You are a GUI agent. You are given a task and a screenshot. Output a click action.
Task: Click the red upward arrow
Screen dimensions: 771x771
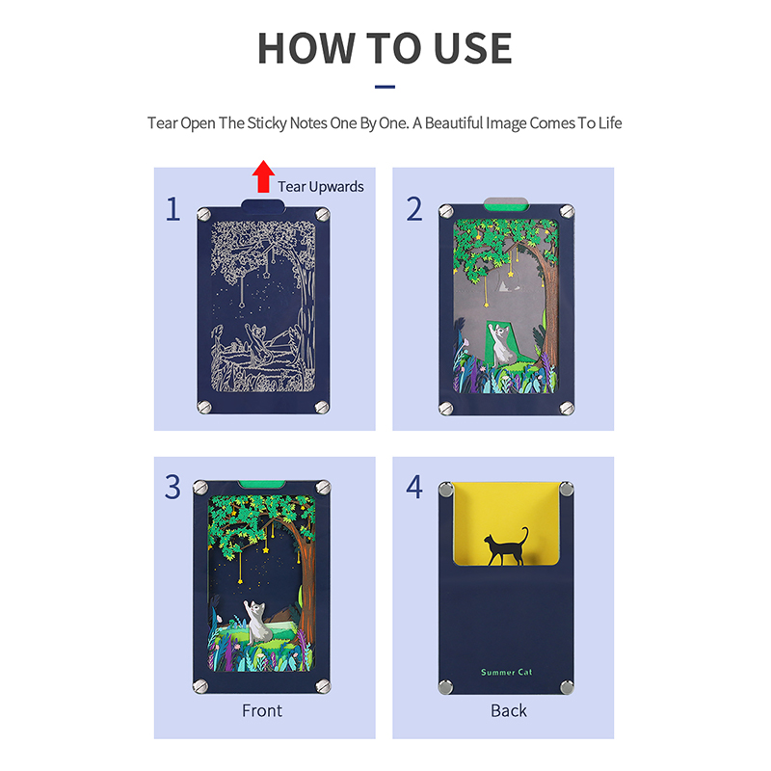(x=263, y=176)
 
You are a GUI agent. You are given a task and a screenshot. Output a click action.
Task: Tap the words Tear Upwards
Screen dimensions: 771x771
(x=321, y=187)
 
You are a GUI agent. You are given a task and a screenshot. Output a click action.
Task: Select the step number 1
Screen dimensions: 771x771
(x=173, y=209)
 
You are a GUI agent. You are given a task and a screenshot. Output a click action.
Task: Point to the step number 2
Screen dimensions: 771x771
(x=414, y=209)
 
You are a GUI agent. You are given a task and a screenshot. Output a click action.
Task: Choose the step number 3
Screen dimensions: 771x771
(x=173, y=488)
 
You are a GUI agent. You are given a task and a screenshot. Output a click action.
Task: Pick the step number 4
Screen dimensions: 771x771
(x=414, y=488)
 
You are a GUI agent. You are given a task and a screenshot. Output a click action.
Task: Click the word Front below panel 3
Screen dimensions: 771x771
(x=262, y=710)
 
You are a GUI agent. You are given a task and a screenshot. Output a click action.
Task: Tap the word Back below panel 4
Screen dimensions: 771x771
(x=509, y=710)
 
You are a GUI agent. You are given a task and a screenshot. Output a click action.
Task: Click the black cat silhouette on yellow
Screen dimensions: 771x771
(x=506, y=546)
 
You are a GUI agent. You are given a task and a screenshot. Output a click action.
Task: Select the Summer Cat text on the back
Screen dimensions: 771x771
(x=507, y=672)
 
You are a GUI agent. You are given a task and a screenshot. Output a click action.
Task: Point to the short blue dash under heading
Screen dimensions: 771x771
(x=385, y=87)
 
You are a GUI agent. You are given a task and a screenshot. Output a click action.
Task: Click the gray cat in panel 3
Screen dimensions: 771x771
(x=255, y=622)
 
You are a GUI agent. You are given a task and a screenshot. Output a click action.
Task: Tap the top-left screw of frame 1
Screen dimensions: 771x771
(x=203, y=214)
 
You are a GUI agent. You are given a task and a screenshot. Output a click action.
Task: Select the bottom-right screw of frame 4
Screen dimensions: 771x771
(x=567, y=686)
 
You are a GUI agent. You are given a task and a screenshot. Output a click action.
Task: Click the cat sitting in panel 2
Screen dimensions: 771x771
(x=501, y=344)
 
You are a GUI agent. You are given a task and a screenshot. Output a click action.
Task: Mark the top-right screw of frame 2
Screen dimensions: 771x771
(x=567, y=211)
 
